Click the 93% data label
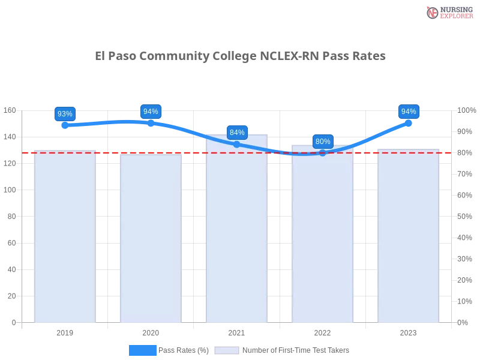coord(65,114)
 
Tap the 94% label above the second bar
coord(151,112)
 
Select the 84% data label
coord(237,133)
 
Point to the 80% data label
coord(323,142)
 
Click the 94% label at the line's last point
coord(409,112)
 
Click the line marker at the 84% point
coord(237,145)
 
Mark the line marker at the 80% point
coord(323,152)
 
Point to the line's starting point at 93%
coord(64,125)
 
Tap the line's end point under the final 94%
coord(409,123)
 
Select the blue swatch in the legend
coord(143,350)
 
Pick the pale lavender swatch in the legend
coord(227,350)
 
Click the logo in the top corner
coord(448,12)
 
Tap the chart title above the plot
coord(240,56)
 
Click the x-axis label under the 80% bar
coord(322,331)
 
